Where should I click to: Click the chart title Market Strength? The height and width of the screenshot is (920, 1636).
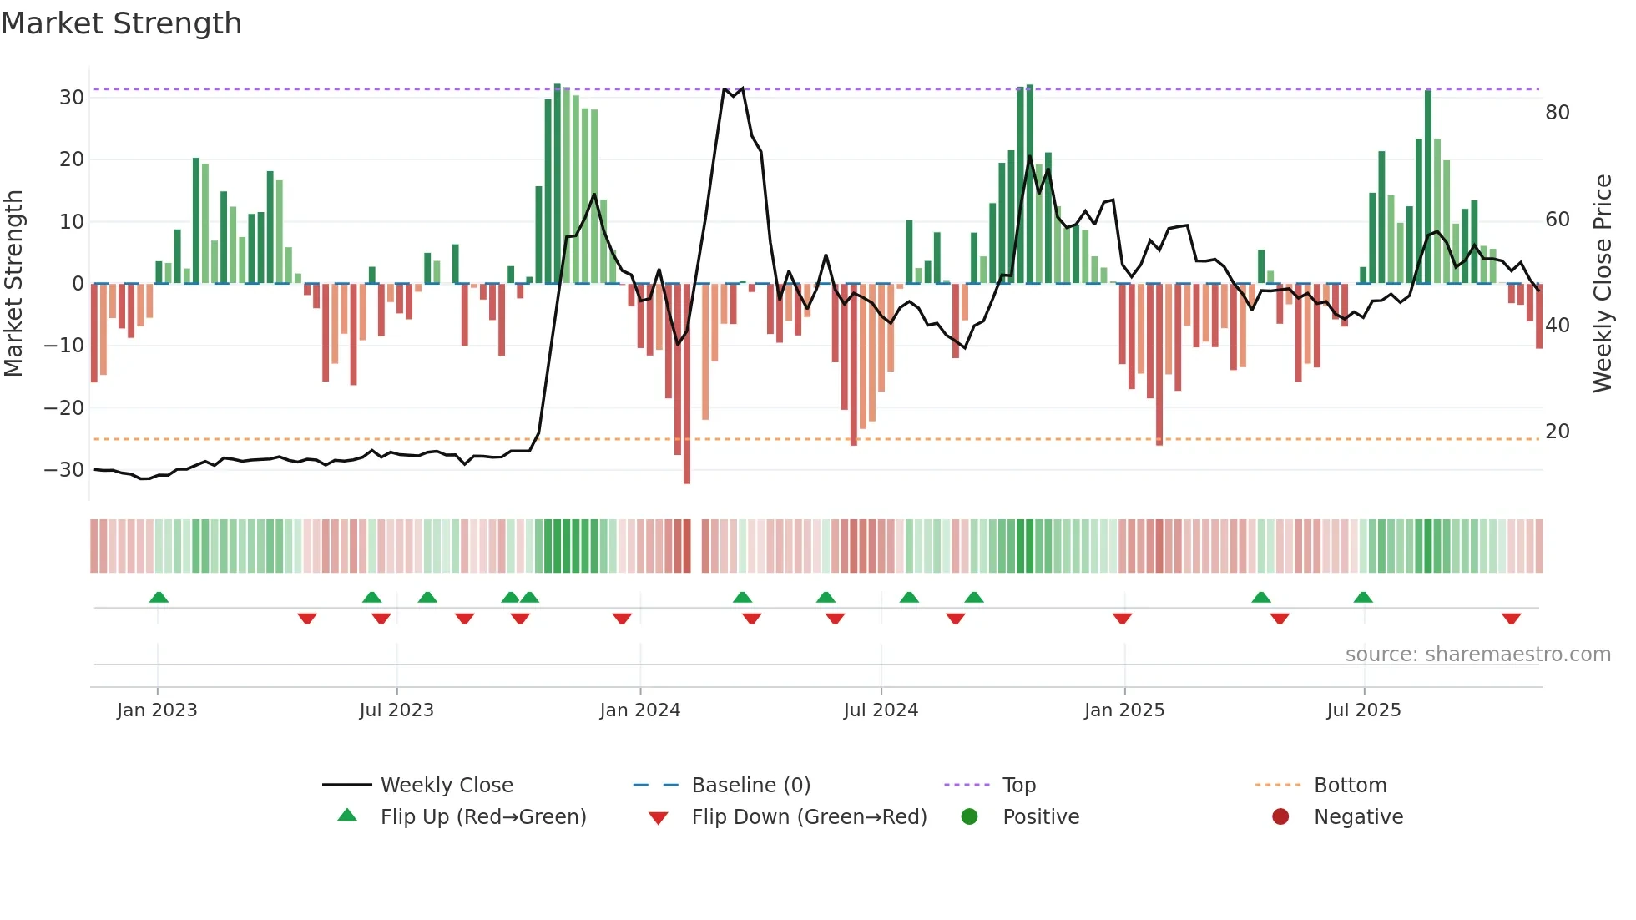tap(121, 23)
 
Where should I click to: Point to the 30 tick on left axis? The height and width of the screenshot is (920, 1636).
tap(71, 97)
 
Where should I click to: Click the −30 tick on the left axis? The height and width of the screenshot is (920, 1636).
tap(64, 469)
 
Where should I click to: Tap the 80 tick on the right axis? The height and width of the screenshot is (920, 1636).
tap(1557, 112)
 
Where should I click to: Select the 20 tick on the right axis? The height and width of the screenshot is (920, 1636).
tap(1557, 431)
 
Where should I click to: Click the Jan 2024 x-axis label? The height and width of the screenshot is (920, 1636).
tap(639, 710)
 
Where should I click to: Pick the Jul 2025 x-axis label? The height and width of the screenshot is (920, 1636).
tap(1363, 710)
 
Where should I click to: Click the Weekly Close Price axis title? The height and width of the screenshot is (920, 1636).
tap(1602, 283)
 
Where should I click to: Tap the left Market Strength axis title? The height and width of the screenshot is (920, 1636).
tap(13, 283)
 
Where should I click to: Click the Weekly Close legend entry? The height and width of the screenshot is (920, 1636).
tap(446, 785)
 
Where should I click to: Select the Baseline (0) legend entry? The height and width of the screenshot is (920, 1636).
tap(750, 785)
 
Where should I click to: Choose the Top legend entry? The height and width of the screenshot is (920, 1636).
tap(1018, 785)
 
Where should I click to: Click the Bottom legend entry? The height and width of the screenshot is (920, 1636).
tap(1350, 785)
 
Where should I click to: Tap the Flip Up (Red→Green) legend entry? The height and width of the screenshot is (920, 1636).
tap(482, 816)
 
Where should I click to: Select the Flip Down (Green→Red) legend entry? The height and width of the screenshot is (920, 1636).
tap(808, 816)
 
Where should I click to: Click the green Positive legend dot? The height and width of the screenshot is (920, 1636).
tap(969, 816)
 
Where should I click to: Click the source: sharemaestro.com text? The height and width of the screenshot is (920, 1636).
tap(1477, 654)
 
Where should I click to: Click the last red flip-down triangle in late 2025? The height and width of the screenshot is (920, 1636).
tap(1511, 619)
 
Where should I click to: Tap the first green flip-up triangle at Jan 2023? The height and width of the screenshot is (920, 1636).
tap(159, 597)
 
